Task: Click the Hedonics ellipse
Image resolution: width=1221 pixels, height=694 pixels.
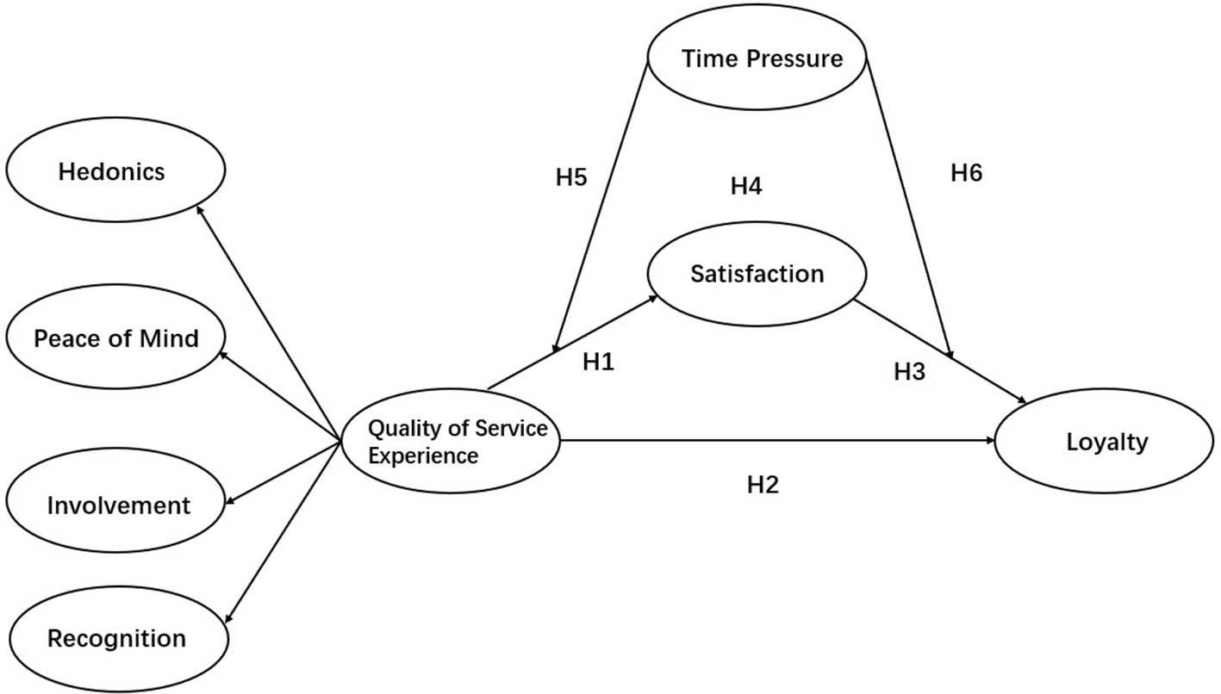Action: (x=111, y=172)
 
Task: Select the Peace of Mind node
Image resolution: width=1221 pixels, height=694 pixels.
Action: (x=116, y=338)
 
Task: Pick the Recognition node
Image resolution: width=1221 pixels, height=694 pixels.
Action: (x=116, y=639)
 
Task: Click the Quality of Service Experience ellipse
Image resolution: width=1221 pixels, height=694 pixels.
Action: (x=450, y=442)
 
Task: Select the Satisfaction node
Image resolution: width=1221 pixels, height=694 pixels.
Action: (x=757, y=274)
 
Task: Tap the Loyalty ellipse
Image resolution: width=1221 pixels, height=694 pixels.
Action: (x=1106, y=443)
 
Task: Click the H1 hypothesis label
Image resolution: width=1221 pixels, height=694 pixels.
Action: (x=598, y=362)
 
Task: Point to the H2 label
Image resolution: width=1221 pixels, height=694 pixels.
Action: (x=762, y=485)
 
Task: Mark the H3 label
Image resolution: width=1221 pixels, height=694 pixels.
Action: (x=909, y=372)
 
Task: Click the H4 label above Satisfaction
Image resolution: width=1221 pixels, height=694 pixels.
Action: (x=745, y=186)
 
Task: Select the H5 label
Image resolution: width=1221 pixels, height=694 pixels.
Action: (x=570, y=178)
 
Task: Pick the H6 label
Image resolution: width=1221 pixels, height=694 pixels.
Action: (x=966, y=173)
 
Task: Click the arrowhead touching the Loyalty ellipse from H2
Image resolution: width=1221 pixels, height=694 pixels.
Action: (x=992, y=441)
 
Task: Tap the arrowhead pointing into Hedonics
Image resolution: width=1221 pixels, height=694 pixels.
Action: (x=200, y=209)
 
